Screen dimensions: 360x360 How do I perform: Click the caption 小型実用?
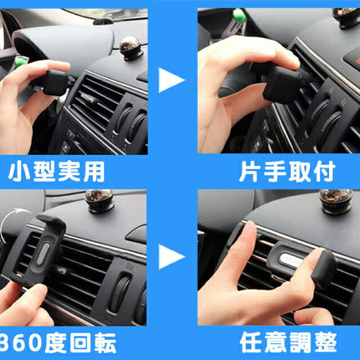pyautogui.click(x=57, y=172)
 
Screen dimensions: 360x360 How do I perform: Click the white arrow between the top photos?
pyautogui.click(x=172, y=81)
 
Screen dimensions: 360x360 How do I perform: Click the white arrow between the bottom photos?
pyautogui.click(x=172, y=256)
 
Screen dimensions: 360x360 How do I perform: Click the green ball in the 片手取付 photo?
pyautogui.click(x=239, y=15)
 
